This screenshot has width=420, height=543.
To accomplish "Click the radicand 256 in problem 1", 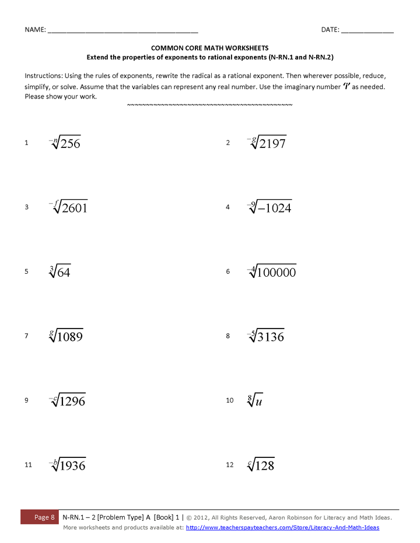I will [x=71, y=144].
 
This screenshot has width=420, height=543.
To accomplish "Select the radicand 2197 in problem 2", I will [x=272, y=144].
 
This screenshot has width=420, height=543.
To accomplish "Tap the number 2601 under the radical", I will [x=74, y=208].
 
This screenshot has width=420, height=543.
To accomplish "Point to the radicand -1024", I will [x=275, y=208].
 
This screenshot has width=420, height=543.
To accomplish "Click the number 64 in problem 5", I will [x=64, y=273].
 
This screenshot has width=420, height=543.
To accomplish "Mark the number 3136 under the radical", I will [x=271, y=337].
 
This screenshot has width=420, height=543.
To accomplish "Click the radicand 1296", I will [x=73, y=401].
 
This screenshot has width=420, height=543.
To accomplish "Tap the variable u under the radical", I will [x=259, y=401].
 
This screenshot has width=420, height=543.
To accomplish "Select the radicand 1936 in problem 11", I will [x=73, y=466].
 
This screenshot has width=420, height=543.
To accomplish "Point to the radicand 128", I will [x=264, y=466].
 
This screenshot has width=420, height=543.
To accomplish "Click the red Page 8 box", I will [x=44, y=517].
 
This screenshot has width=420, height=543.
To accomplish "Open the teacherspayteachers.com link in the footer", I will [x=282, y=527].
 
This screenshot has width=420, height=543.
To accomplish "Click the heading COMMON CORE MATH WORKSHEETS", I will [x=210, y=48].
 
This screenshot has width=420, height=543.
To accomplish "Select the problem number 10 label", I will [x=229, y=400].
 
